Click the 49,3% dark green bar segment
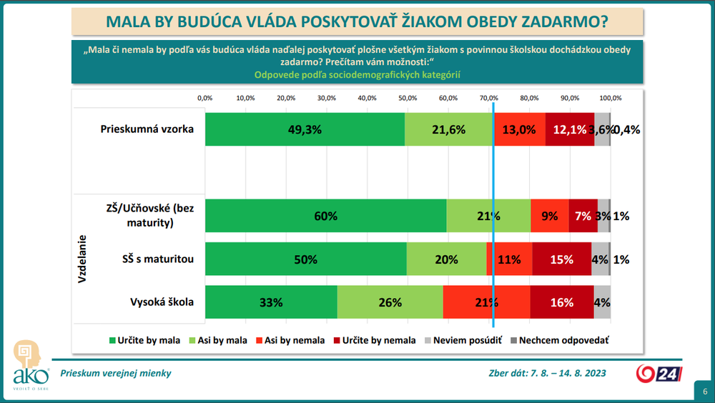coord(305,129)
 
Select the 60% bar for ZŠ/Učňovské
coord(326,216)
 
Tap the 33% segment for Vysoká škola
coord(272,302)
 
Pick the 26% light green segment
coord(390,302)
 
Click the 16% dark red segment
coord(562,302)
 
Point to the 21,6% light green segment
coord(449,129)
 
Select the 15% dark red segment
coord(562,259)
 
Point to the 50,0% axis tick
coord(408,97)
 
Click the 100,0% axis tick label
coord(610,97)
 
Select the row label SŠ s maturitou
coord(157,258)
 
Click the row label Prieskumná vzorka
coord(147,129)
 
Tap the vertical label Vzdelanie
coord(82,259)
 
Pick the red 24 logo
coord(660,373)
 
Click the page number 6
coord(704,391)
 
